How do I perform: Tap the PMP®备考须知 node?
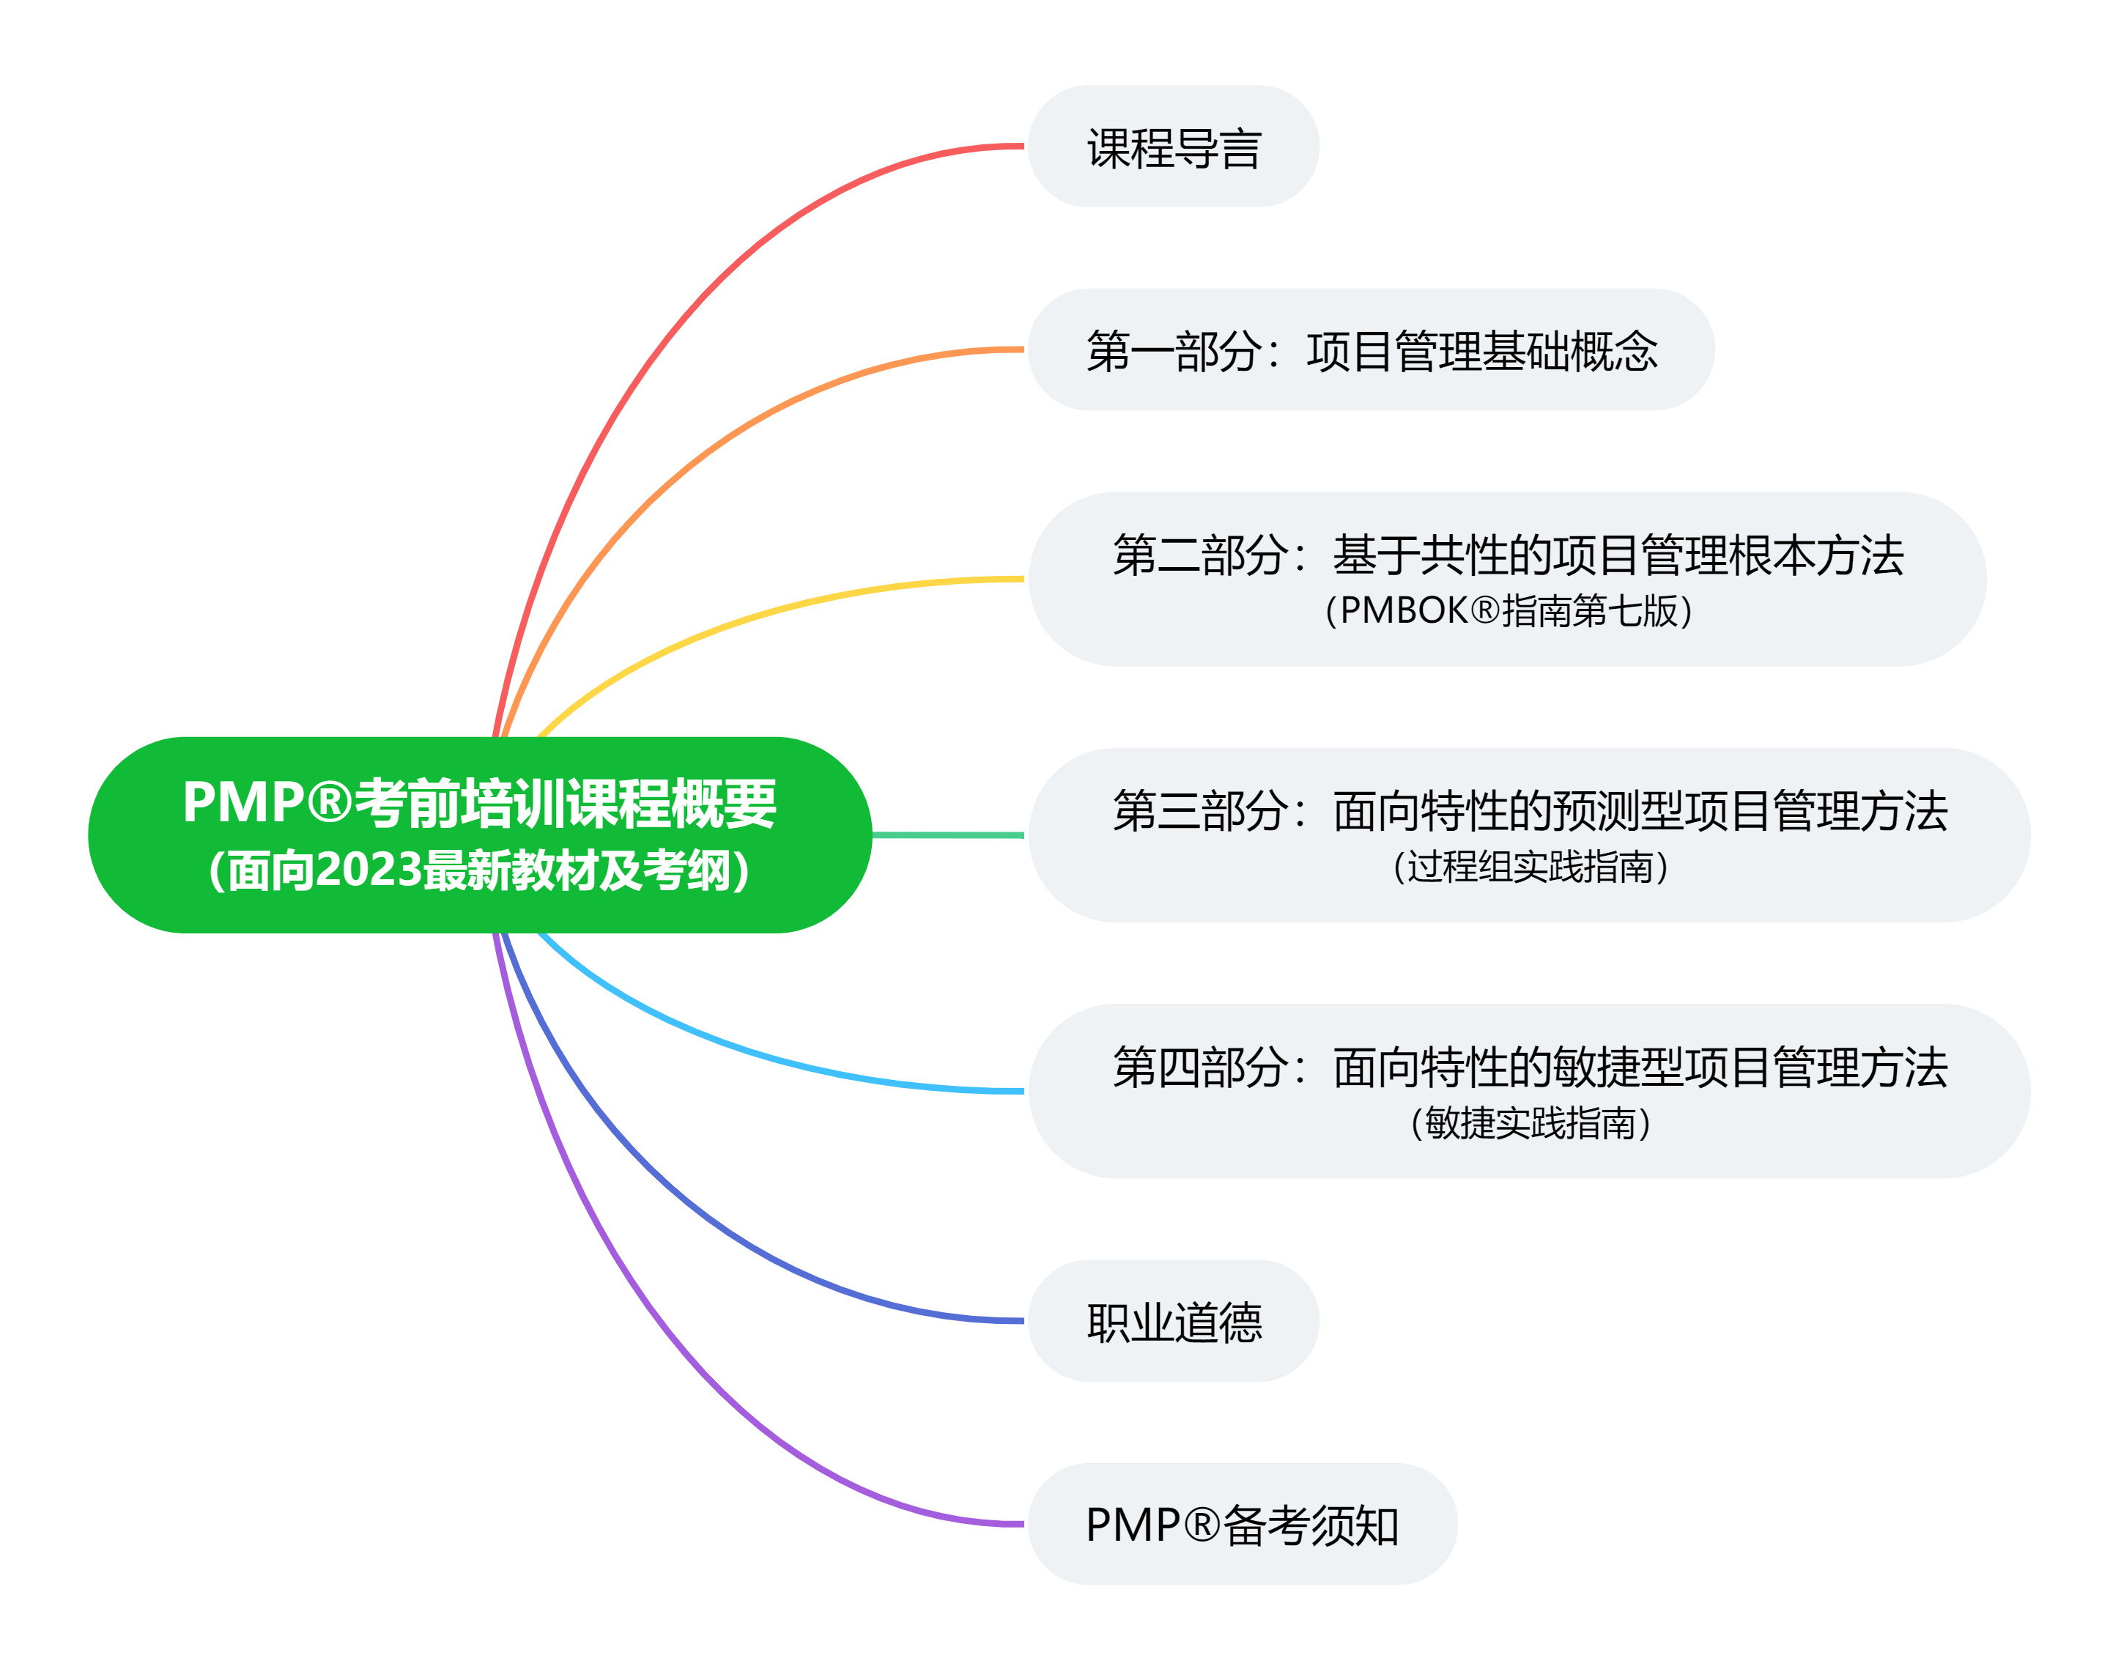tap(1241, 1525)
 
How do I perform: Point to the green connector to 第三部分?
tap(947, 835)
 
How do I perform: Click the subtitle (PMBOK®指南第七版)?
tap(1508, 611)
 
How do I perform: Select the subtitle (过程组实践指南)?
tap(1529, 867)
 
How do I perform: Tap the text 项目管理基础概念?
tap(1482, 351)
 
